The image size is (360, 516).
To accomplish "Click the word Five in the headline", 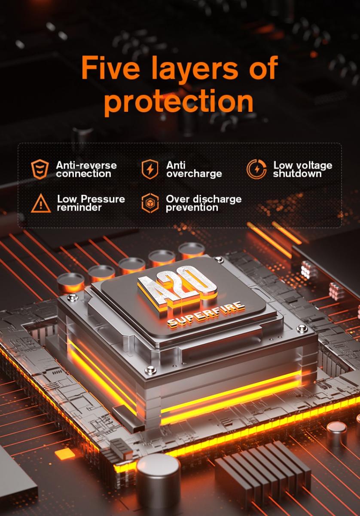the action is [111, 68].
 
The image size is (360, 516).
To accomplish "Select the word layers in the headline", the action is [195, 69].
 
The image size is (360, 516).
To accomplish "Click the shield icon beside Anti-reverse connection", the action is [40, 169].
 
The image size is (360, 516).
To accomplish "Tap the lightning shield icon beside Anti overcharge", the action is [150, 169].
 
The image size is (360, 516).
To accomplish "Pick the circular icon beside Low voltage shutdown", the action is [256, 169].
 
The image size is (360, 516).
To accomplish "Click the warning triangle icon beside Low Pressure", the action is [41, 203].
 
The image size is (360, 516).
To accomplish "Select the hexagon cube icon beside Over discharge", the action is [150, 203].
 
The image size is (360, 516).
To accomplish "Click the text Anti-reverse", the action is [86, 166].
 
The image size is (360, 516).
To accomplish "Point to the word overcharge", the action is [194, 174].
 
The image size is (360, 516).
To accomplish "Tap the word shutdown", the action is [297, 174].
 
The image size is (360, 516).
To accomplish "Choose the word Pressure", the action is [103, 199].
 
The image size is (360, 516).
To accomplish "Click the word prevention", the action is [192, 208].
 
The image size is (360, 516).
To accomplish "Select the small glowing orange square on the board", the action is [65, 453].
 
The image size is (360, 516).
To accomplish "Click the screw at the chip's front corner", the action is [150, 370].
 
